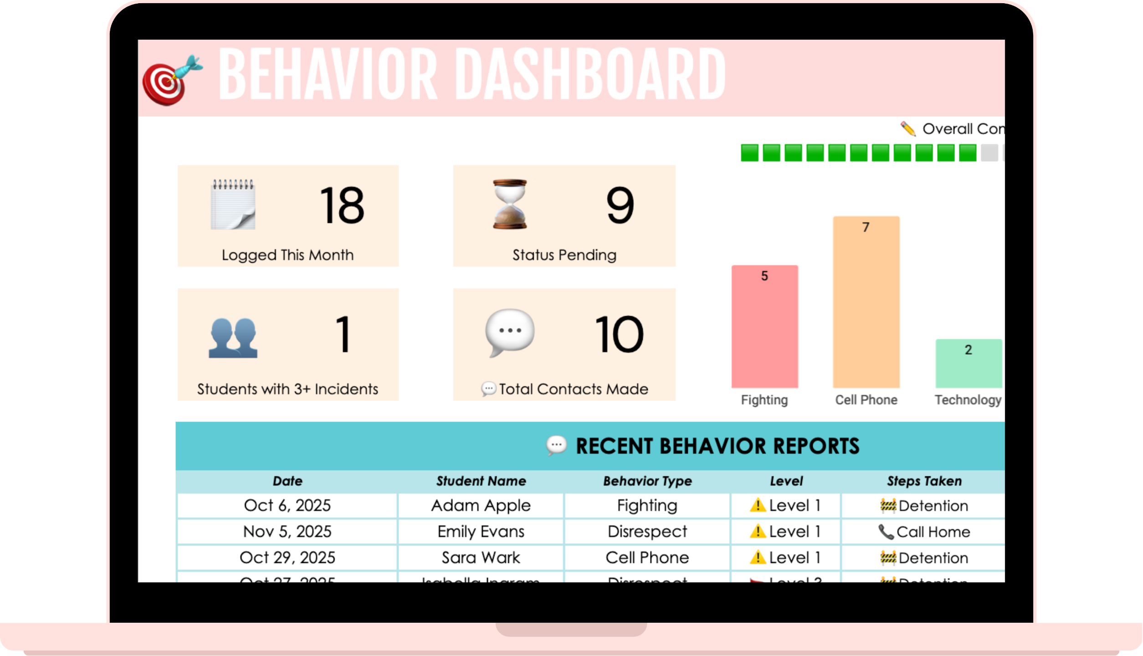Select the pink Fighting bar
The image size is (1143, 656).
[x=764, y=327]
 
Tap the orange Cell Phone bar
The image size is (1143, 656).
[x=866, y=302]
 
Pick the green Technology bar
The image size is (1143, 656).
[x=968, y=364]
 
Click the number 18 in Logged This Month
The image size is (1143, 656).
[x=342, y=205]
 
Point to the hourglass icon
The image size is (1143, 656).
[x=510, y=204]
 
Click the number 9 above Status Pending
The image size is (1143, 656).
[x=620, y=205]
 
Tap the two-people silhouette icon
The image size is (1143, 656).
[x=233, y=338]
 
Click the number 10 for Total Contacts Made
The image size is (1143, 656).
[x=619, y=335]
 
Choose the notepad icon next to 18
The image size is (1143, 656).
[x=233, y=205]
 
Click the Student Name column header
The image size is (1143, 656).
[x=481, y=481]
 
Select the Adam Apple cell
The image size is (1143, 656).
[x=481, y=506]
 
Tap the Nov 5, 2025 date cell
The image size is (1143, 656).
[x=287, y=532]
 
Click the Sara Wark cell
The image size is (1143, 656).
[x=481, y=558]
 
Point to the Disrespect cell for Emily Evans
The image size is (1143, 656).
[x=647, y=532]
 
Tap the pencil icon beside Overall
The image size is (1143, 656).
[x=908, y=129]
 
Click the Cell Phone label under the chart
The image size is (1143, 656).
[x=866, y=400]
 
